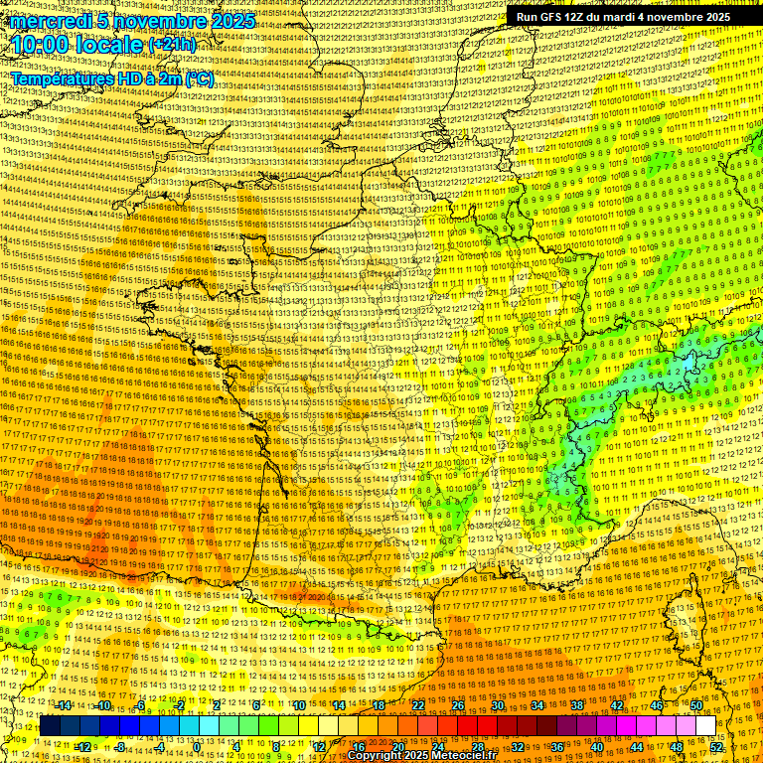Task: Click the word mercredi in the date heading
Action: tap(50, 21)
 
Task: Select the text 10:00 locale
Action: tap(77, 45)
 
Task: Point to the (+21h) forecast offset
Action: tap(172, 46)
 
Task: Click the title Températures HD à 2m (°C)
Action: tap(112, 78)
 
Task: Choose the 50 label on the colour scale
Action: tap(695, 705)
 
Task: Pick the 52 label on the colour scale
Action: tap(716, 746)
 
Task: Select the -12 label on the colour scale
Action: tap(83, 746)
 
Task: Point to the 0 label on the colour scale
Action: tap(198, 746)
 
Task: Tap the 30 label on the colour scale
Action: tap(497, 705)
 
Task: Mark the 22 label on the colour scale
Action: tap(417, 705)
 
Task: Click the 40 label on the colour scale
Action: tap(596, 746)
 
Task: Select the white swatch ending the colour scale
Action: tap(705, 726)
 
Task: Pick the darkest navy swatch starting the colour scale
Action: tap(50, 726)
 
